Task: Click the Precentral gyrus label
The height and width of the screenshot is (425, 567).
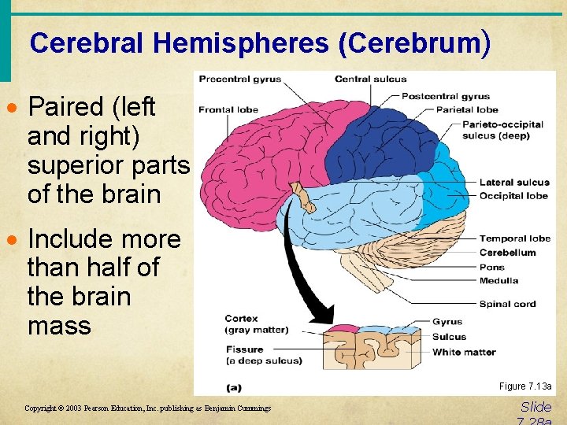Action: pyautogui.click(x=239, y=79)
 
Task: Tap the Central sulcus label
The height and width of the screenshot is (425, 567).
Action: pyautogui.click(x=370, y=79)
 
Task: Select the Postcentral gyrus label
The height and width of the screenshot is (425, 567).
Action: pyautogui.click(x=446, y=96)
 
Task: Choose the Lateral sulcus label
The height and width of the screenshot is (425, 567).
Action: pyautogui.click(x=514, y=183)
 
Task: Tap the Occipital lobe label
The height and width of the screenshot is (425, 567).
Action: pyautogui.click(x=513, y=195)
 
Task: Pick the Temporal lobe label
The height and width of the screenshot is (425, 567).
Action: pyautogui.click(x=514, y=238)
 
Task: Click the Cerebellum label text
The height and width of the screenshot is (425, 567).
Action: pyautogui.click(x=507, y=253)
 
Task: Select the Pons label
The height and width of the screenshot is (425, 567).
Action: pyautogui.click(x=492, y=268)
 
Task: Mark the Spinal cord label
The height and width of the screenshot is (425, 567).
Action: pyautogui.click(x=507, y=304)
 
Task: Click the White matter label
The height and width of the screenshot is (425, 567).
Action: pyautogui.click(x=464, y=352)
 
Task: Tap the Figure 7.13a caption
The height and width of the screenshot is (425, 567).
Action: pyautogui.click(x=525, y=386)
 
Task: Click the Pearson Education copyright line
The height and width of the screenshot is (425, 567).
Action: pyautogui.click(x=147, y=408)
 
